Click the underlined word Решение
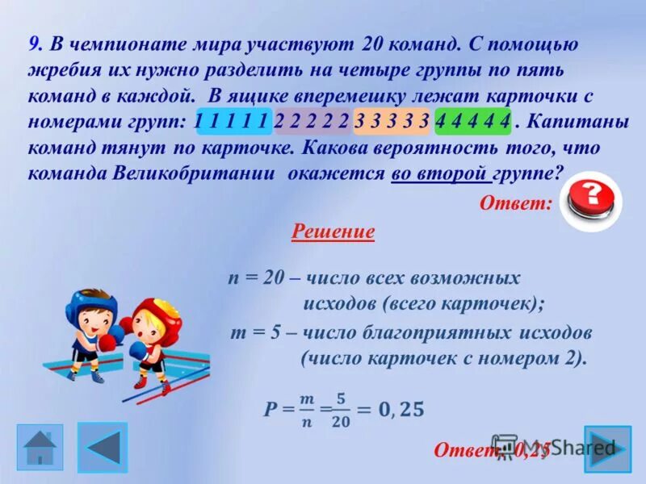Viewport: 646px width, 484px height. point(333,232)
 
